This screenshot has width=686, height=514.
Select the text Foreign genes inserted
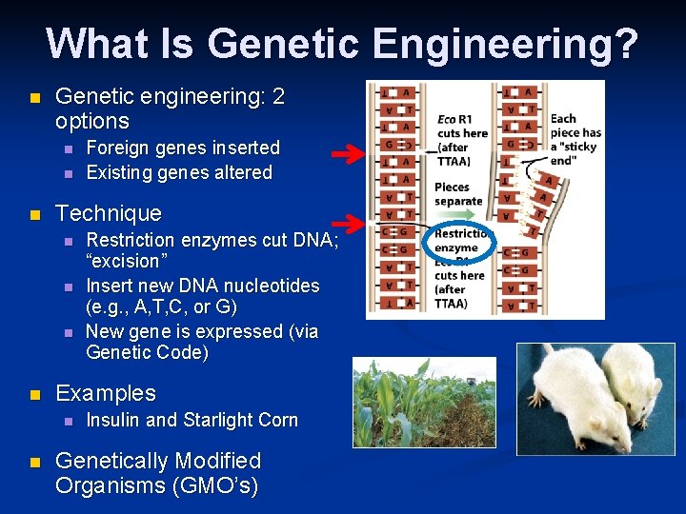pos(183,148)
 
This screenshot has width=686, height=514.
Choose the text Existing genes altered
pos(179,172)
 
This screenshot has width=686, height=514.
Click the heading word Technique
pos(109,213)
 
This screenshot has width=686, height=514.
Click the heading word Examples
pos(106,393)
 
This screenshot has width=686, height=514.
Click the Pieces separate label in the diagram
pos(457,194)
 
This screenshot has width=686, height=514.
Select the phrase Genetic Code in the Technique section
pos(147,353)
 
